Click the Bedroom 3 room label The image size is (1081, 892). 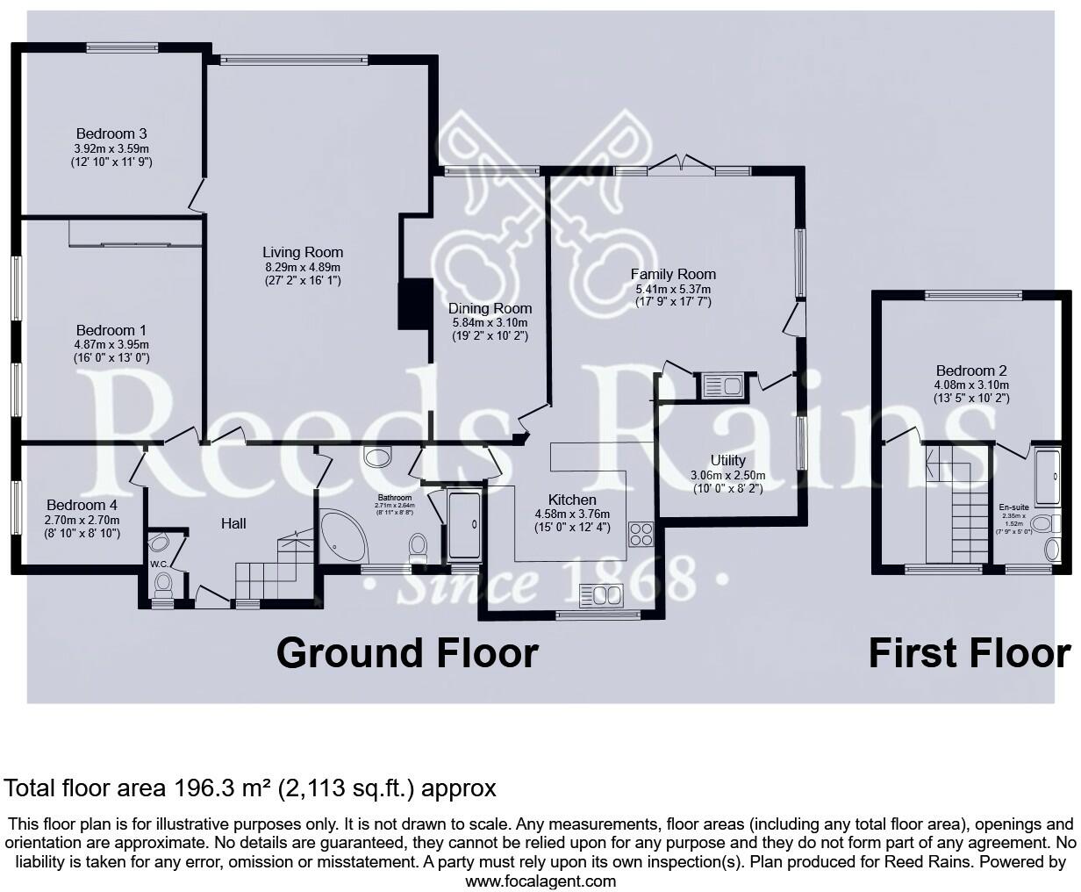point(111,133)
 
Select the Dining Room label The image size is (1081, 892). point(490,308)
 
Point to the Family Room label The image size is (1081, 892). point(673,274)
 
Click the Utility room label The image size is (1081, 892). point(727,460)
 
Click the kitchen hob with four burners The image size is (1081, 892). point(641,534)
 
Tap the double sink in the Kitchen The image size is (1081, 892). point(605,597)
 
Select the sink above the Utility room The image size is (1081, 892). point(721,385)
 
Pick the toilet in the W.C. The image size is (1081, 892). point(162,583)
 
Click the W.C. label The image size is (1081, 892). point(159,565)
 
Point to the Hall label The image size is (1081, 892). point(233,523)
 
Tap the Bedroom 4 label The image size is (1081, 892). point(82,506)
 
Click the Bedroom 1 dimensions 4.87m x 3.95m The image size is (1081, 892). point(111,344)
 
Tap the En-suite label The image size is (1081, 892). point(1013,507)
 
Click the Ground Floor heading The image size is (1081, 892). point(407,654)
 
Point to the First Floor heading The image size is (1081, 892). point(969,654)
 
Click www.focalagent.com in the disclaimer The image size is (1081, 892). point(540,881)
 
